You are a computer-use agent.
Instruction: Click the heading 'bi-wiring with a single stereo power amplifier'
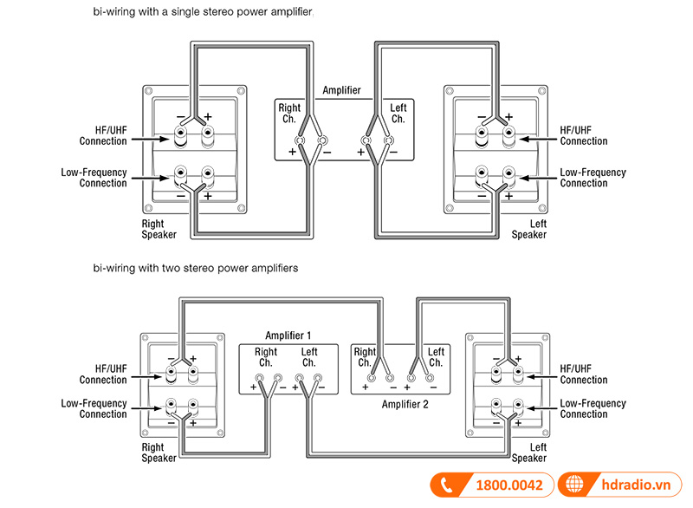[x=203, y=13]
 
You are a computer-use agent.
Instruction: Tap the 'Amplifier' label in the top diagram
[x=341, y=90]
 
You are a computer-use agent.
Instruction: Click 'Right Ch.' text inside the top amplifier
[x=289, y=114]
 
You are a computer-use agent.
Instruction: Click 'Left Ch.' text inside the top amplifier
[x=398, y=114]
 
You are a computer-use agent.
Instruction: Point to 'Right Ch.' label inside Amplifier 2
[x=365, y=357]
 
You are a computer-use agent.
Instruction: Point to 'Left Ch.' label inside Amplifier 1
[x=308, y=357]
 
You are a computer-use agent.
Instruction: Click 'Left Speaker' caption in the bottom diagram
[x=528, y=453]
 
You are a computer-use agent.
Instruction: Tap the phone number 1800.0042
[x=509, y=485]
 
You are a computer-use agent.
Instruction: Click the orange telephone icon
[x=447, y=485]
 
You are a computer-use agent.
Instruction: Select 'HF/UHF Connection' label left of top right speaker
[x=103, y=135]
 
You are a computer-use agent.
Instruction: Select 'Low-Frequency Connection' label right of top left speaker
[x=593, y=178]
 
